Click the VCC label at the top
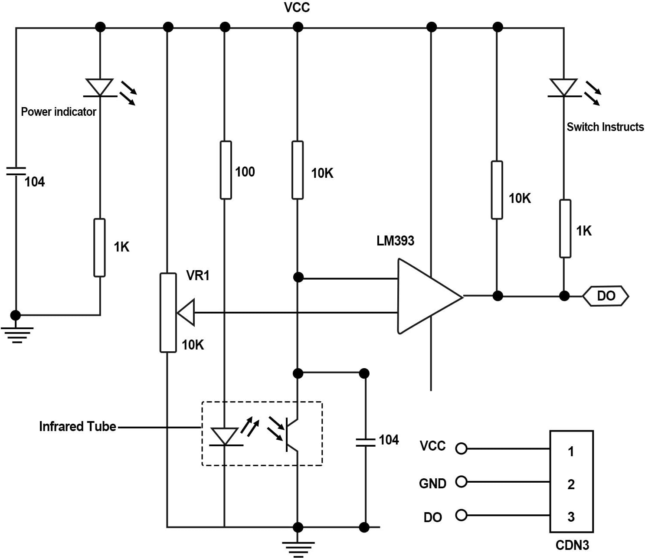click(297, 7)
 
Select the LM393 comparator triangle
click(429, 296)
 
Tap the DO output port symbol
click(606, 296)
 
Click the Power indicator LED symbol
click(100, 88)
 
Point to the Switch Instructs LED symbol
click(564, 88)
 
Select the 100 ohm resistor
click(226, 170)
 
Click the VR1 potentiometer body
click(168, 313)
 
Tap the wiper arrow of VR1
click(186, 312)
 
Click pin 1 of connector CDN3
click(571, 451)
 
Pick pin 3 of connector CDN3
click(571, 517)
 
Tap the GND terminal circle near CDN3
click(461, 482)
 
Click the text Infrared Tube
click(77, 426)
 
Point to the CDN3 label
click(572, 545)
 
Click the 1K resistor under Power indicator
click(99, 248)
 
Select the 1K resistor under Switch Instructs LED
click(565, 229)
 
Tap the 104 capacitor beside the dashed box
click(365, 442)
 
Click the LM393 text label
click(395, 241)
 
